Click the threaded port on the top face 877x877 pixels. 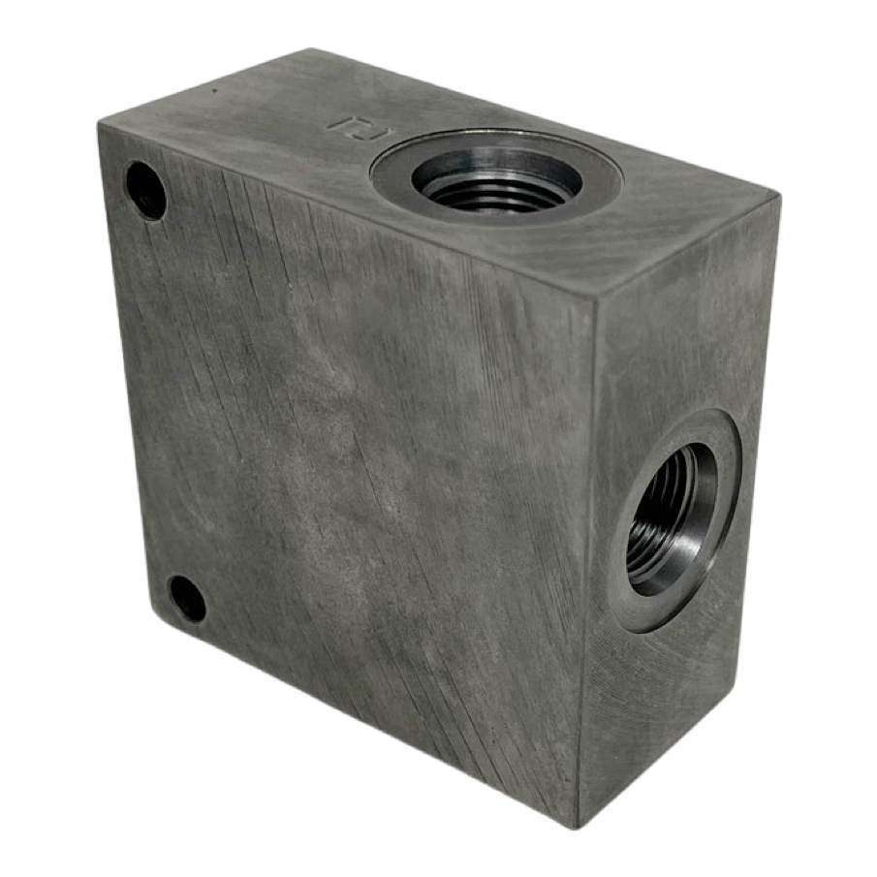(x=496, y=181)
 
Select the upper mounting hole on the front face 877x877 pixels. (x=145, y=190)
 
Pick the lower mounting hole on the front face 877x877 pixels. (x=187, y=599)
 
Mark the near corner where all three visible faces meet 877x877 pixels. (x=595, y=298)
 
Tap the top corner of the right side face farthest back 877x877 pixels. (x=778, y=198)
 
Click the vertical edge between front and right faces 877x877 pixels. (x=587, y=562)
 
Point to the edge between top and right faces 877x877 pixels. (x=688, y=248)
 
